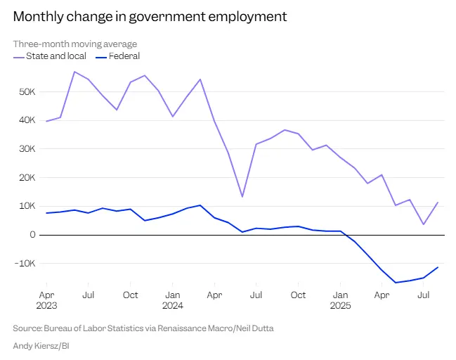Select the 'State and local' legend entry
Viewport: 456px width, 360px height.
click(53, 56)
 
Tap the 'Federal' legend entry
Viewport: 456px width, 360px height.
click(124, 56)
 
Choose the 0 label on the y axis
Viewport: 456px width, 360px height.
click(32, 235)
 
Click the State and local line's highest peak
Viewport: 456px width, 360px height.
click(74, 72)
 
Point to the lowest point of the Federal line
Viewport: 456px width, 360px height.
click(396, 283)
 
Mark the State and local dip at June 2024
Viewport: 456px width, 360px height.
click(242, 197)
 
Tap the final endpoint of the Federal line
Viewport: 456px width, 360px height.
click(438, 267)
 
